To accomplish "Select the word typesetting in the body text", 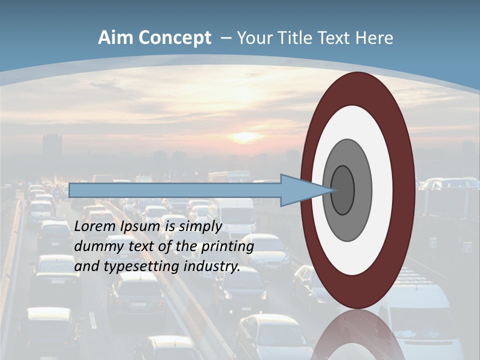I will (x=142, y=266).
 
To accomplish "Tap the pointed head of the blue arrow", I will (x=305, y=190).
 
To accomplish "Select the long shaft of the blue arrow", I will (x=175, y=190).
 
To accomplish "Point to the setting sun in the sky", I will (x=245, y=136).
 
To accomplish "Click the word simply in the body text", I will (x=200, y=226).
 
